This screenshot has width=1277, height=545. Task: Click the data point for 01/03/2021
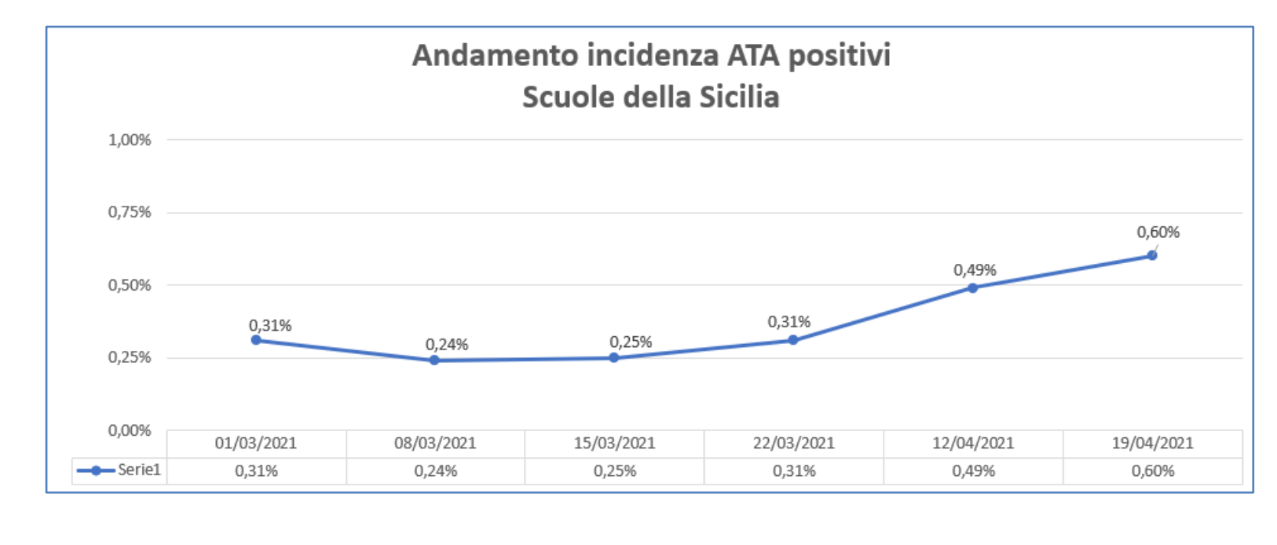click(256, 340)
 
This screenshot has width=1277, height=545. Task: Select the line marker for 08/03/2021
click(435, 360)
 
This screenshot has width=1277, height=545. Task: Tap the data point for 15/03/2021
click(614, 357)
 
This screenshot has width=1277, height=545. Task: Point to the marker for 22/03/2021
click(793, 340)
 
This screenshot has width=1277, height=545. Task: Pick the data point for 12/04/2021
click(973, 287)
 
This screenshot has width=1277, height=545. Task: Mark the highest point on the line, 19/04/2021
click(1152, 255)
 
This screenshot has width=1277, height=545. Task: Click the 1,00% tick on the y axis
click(130, 140)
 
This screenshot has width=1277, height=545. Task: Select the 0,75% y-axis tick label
click(130, 212)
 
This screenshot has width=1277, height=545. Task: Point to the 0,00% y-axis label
click(130, 430)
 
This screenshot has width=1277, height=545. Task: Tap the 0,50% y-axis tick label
click(130, 285)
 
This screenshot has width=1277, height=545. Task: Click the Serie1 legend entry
click(119, 470)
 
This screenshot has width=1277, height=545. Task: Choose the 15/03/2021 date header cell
click(614, 443)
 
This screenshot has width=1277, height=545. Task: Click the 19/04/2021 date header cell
click(1152, 443)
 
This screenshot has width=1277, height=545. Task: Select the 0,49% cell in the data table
click(973, 471)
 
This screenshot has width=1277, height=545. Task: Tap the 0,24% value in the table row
click(435, 471)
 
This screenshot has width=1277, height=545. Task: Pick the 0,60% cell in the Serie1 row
click(1152, 471)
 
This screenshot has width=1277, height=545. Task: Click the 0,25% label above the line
click(631, 342)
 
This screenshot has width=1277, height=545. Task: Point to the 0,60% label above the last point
click(1158, 232)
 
